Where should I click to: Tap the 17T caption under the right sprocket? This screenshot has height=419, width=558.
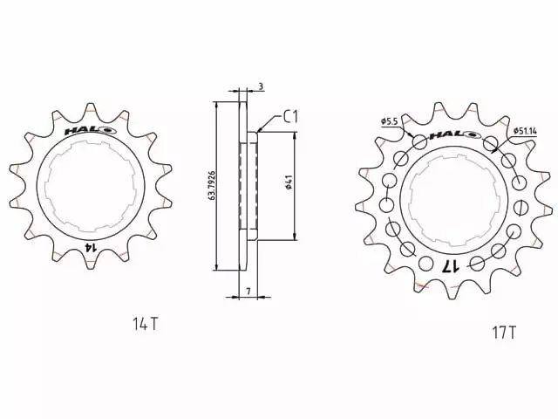[504, 333]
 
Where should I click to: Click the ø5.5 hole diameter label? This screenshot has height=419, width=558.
[390, 120]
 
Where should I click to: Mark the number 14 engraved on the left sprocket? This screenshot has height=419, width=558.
[88, 248]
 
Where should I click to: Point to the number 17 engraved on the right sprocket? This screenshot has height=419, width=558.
[451, 266]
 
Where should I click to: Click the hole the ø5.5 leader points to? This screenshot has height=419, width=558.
[420, 141]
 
